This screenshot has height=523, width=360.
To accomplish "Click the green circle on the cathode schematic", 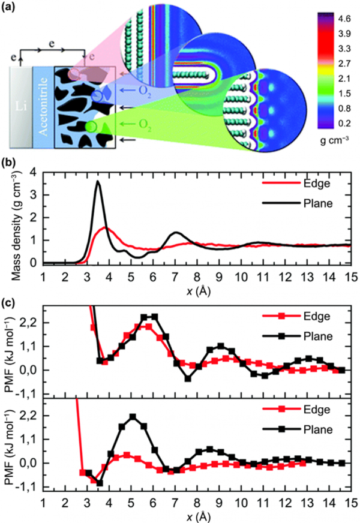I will [90, 127].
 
